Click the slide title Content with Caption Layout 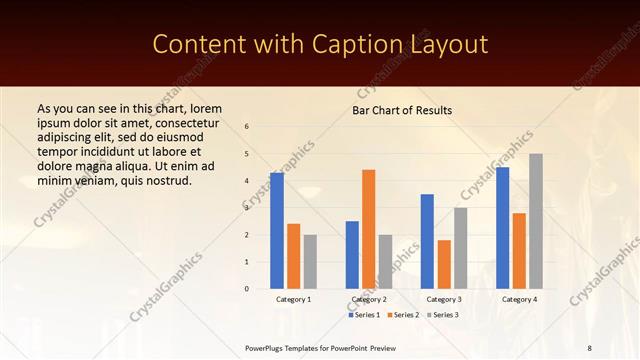point(320,44)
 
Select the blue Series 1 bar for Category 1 point(277,231)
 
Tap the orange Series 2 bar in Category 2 point(369,229)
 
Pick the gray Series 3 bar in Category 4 point(536,221)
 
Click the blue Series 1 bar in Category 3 point(427,241)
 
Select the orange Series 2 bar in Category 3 point(444,264)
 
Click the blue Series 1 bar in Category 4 point(502,228)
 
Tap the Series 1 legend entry point(365,315)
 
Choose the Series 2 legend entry point(403,315)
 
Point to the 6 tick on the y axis point(247,127)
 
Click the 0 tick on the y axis point(247,289)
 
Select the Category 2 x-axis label point(369,299)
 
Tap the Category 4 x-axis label point(519,299)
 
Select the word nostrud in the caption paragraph point(165,180)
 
